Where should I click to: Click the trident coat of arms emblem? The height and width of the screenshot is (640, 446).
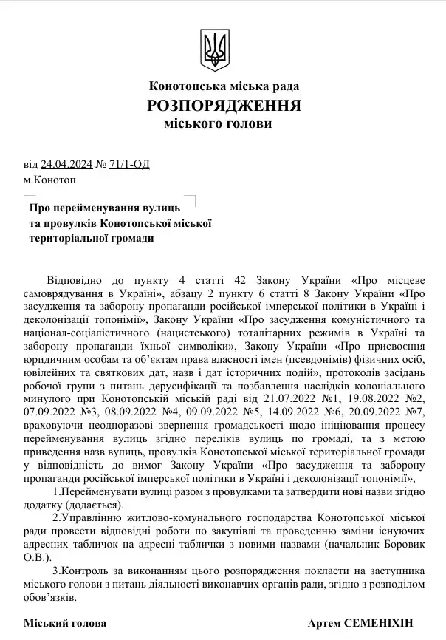coord(215,50)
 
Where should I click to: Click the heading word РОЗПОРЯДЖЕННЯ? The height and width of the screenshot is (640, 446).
coord(224,105)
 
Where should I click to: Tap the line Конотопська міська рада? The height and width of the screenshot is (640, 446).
coord(224,86)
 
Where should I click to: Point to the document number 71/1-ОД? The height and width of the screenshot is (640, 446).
coord(128,164)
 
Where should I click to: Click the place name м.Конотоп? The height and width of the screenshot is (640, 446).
coord(49,180)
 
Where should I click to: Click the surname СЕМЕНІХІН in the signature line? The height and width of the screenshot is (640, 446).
coord(384,623)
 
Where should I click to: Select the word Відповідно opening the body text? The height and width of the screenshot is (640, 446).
coord(76,280)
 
